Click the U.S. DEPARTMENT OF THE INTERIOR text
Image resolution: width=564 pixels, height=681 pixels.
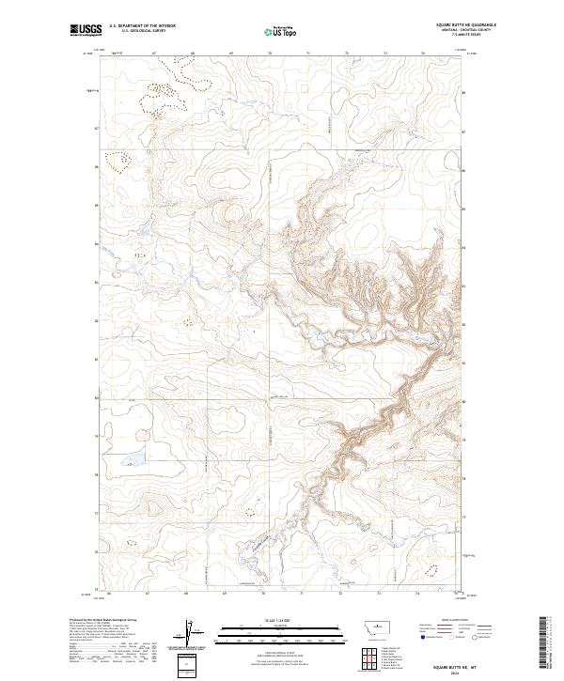click(142, 26)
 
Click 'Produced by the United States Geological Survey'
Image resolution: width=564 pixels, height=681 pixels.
click(99, 620)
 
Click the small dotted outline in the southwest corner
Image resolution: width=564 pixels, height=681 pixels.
click(249, 512)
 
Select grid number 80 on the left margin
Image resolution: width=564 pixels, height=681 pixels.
click(96, 398)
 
